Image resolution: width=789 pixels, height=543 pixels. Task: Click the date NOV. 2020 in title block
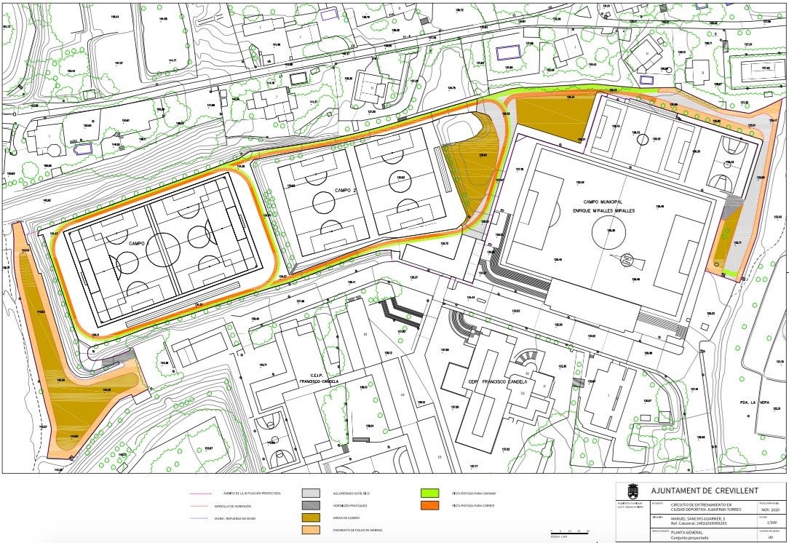pos(770,510)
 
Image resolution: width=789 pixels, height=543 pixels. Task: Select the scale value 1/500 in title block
pos(770,523)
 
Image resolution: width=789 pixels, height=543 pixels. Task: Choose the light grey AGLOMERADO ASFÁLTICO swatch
pos(312,493)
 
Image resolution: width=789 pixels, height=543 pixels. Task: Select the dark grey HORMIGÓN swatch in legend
pos(312,504)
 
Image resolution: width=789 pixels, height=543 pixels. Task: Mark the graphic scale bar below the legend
pos(570,533)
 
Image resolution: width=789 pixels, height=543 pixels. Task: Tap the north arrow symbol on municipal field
pos(625,259)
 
